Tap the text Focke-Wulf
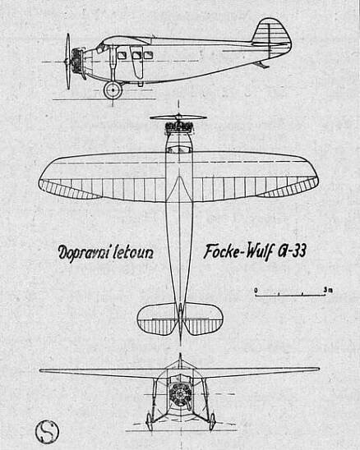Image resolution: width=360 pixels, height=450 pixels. click(238, 252)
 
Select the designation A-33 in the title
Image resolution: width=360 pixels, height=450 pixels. click(292, 250)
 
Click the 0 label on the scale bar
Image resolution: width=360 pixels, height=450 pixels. click(256, 290)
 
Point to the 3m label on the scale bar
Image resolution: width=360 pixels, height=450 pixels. click(328, 290)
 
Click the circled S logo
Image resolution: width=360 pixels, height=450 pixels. click(48, 431)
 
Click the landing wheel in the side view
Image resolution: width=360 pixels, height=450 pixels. click(113, 90)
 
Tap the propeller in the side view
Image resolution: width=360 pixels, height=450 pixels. click(68, 61)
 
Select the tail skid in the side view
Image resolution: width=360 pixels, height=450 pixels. click(262, 65)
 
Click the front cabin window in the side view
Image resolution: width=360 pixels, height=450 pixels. click(122, 55)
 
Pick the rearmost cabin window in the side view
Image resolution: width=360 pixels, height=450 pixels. click(148, 55)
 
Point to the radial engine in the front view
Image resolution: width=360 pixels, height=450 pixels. click(179, 395)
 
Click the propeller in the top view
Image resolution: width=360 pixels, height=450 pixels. click(178, 117)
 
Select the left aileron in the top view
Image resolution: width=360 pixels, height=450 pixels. click(68, 189)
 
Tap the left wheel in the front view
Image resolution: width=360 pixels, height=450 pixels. click(150, 421)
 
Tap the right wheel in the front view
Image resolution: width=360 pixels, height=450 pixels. click(212, 421)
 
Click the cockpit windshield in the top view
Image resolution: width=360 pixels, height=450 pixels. click(179, 149)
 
